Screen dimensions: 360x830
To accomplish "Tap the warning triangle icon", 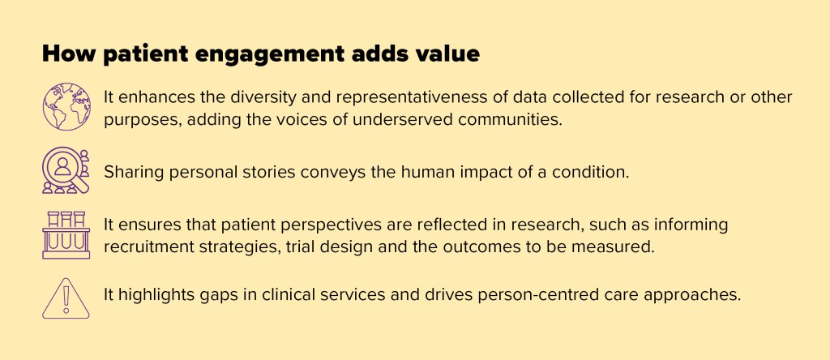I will [x=66, y=297].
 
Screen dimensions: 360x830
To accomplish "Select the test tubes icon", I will [x=66, y=235].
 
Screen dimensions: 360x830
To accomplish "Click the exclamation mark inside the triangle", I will [x=66, y=301].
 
